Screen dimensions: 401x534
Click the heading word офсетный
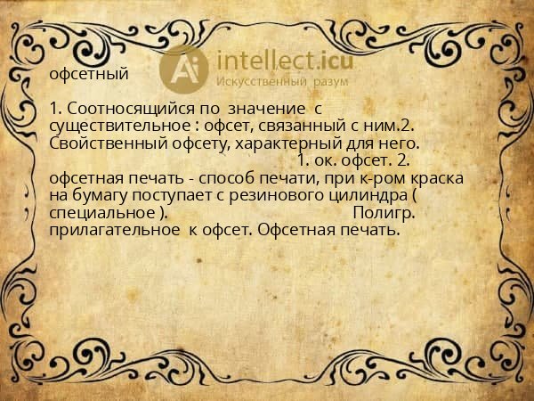tap(89, 74)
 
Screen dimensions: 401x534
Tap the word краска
tap(437, 178)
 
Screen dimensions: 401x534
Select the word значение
tap(263, 108)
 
